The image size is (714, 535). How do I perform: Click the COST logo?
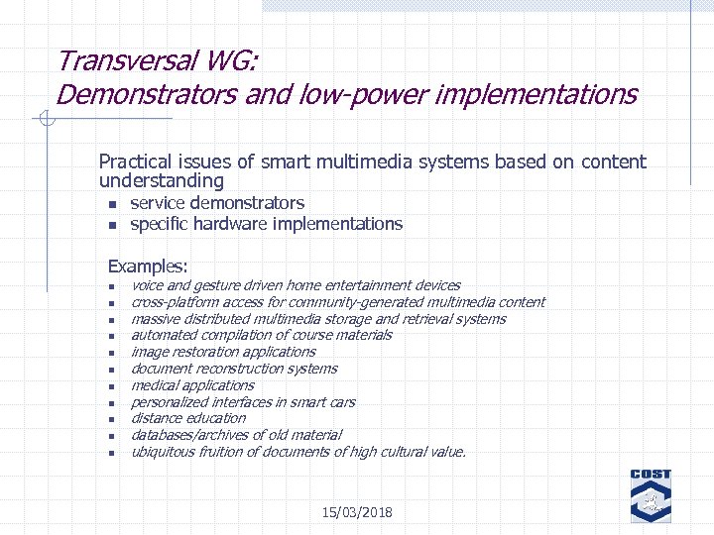[651, 495]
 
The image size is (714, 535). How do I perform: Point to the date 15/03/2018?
[357, 512]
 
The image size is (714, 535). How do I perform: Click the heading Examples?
[148, 266]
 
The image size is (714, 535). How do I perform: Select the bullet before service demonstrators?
[112, 204]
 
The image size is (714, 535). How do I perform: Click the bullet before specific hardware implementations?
[112, 225]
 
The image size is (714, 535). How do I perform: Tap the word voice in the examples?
[147, 285]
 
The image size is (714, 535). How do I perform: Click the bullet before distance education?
[112, 419]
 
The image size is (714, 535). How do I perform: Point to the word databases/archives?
[185, 435]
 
